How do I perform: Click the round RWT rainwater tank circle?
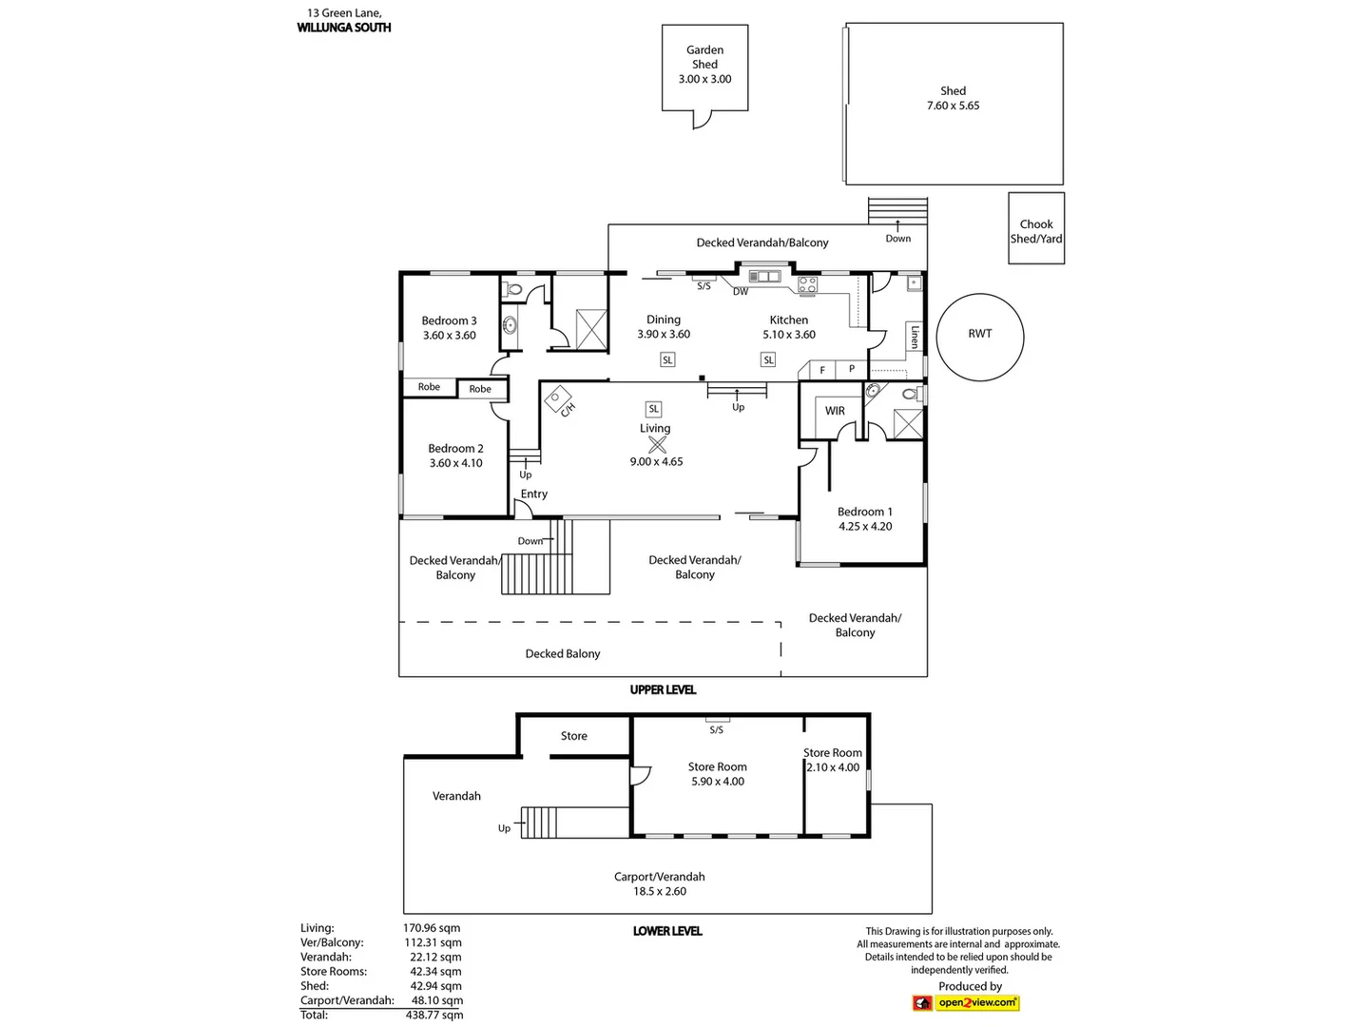click(979, 337)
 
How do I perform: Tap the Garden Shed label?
click(704, 57)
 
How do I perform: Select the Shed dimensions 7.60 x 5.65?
click(953, 106)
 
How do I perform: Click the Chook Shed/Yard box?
click(1036, 230)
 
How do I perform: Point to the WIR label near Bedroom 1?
click(835, 411)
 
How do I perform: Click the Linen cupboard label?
click(915, 337)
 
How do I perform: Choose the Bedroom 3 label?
click(449, 320)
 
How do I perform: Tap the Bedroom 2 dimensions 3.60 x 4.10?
click(455, 463)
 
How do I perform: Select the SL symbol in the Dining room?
click(667, 359)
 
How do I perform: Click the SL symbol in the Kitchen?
click(768, 359)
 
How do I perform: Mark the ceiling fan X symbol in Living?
click(657, 444)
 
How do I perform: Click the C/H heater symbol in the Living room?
click(559, 400)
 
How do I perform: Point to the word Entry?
click(533, 494)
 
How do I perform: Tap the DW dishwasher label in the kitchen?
click(740, 292)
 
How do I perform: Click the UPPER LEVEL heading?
click(663, 689)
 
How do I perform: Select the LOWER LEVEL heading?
click(666, 931)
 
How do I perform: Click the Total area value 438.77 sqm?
click(434, 1015)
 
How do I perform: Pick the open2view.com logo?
click(966, 1002)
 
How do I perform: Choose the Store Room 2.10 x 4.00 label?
click(833, 760)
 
